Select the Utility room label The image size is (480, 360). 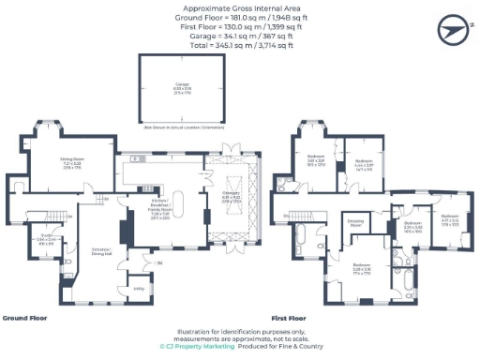[139, 289]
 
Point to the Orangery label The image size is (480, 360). [230, 198]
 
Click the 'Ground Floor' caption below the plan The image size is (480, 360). [25, 318]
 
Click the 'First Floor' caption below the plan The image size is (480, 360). [288, 318]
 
